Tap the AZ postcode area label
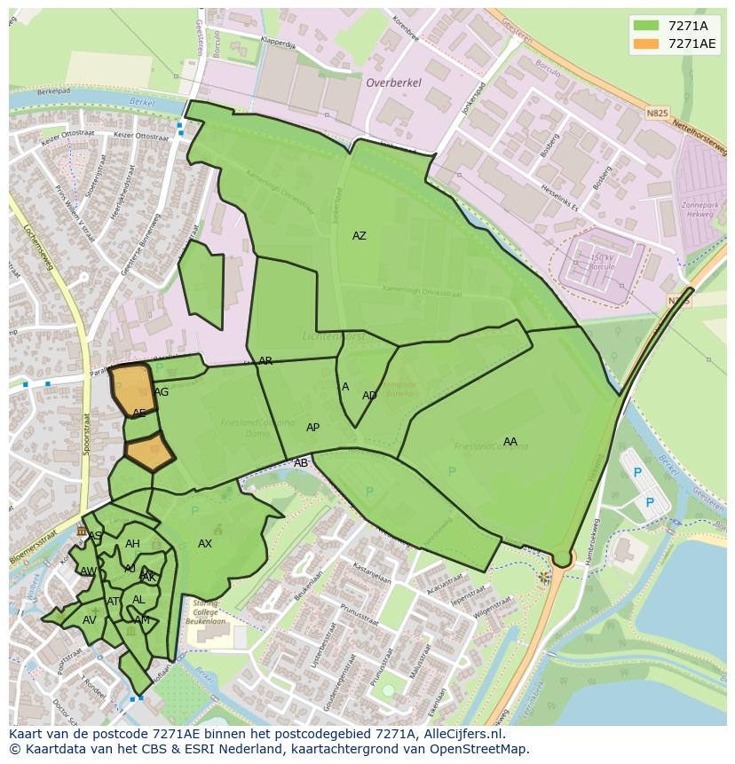(x=359, y=236)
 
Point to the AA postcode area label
(x=510, y=442)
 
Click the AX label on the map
(x=205, y=544)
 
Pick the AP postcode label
(x=312, y=428)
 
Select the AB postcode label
(x=301, y=463)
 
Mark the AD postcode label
(x=369, y=396)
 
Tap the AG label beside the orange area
(x=161, y=392)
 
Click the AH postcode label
(x=132, y=544)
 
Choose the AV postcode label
(x=89, y=620)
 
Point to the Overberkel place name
(x=393, y=82)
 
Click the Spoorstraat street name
(x=87, y=433)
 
